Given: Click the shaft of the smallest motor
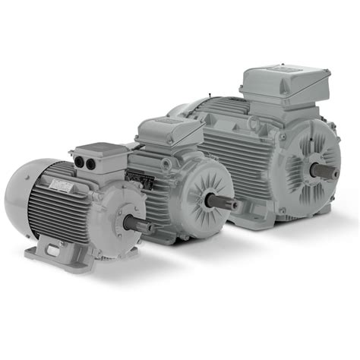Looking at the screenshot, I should coord(141,225).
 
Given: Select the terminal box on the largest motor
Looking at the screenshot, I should coord(284,89).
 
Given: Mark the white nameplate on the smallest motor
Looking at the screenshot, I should coord(59,184).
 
